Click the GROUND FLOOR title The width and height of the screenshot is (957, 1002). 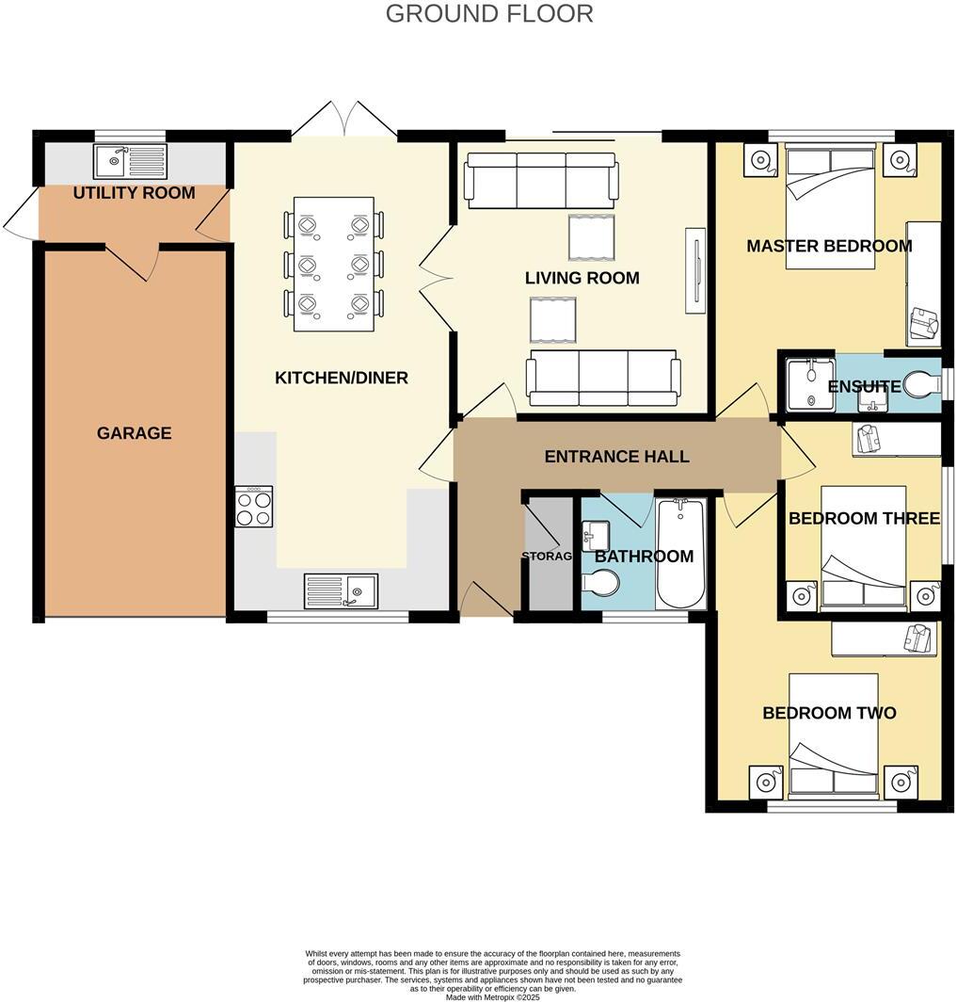coord(489,14)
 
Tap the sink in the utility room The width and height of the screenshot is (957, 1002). coord(130,161)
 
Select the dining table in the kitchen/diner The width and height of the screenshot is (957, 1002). coord(334,264)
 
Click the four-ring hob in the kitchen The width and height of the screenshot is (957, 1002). coord(254,506)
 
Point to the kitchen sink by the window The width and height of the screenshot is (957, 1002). coord(340,590)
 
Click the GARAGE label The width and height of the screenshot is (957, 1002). coord(135,433)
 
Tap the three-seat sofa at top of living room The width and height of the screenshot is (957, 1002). coord(541,180)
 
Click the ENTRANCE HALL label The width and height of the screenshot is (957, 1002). coord(616,457)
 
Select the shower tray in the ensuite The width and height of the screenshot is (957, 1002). coord(808,383)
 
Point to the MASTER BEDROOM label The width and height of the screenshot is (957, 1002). coord(829,247)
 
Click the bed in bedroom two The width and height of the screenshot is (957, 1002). coord(834,733)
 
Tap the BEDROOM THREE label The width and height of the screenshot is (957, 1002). coord(864,518)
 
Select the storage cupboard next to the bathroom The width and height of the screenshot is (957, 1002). coord(548,556)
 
